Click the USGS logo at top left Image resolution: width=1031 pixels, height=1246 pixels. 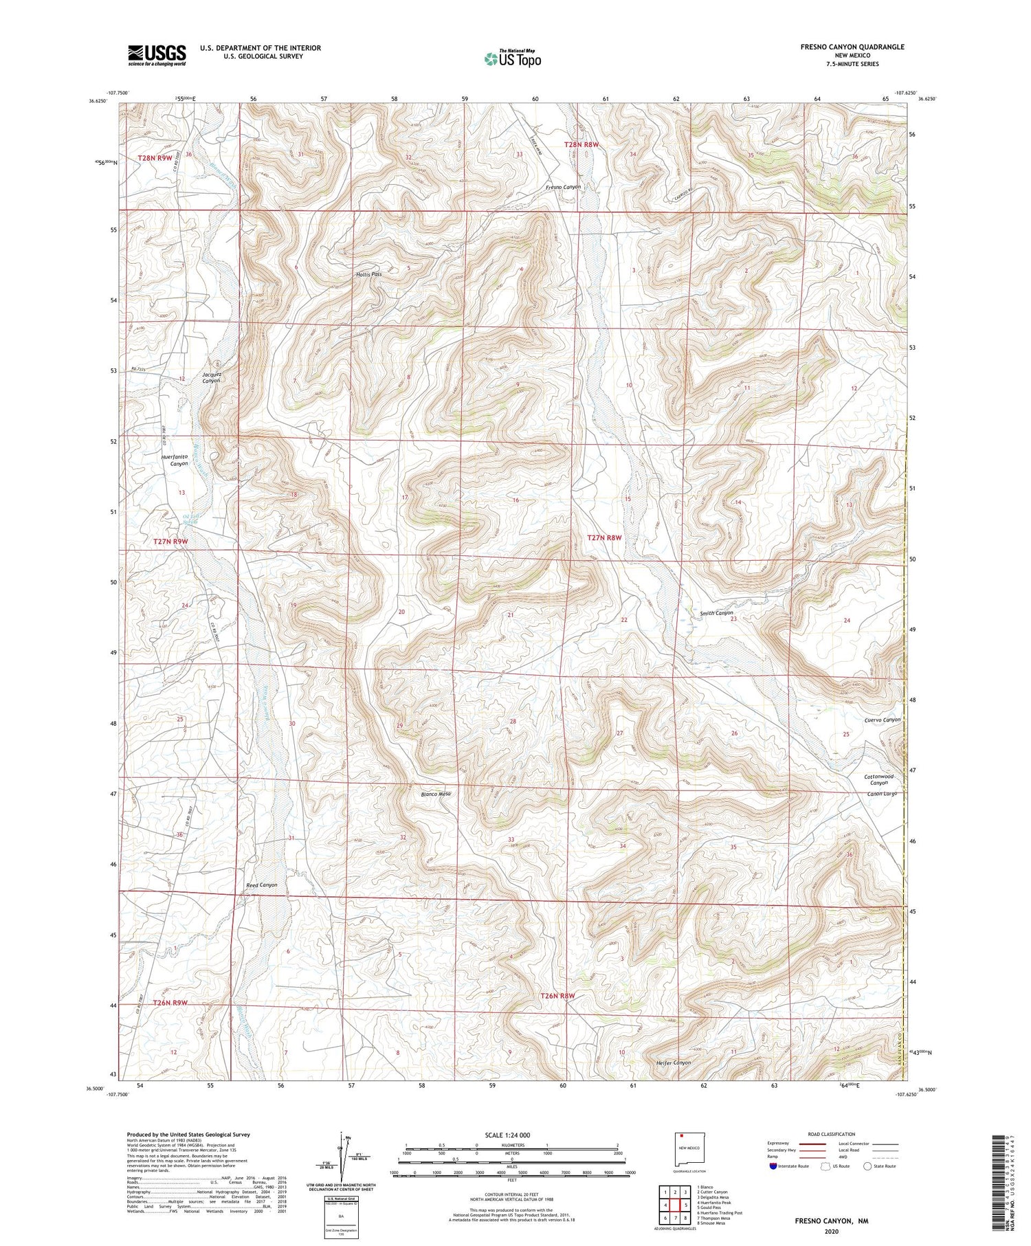tap(157, 55)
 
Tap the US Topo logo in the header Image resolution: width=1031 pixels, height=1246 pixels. tap(512, 59)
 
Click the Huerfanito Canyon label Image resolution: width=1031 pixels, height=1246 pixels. tap(175, 460)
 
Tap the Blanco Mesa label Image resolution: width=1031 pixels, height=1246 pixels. tap(436, 794)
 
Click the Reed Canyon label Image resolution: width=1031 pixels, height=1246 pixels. tap(261, 885)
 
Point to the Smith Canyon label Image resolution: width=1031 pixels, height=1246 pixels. tap(716, 613)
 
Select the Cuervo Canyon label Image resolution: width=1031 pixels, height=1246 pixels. tap(882, 720)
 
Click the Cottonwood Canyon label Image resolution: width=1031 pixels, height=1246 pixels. tap(878, 779)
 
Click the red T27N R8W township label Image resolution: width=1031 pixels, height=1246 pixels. tap(605, 538)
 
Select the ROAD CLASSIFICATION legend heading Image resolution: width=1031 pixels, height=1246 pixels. tap(832, 1134)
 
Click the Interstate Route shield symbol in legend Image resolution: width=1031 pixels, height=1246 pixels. tap(774, 1166)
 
